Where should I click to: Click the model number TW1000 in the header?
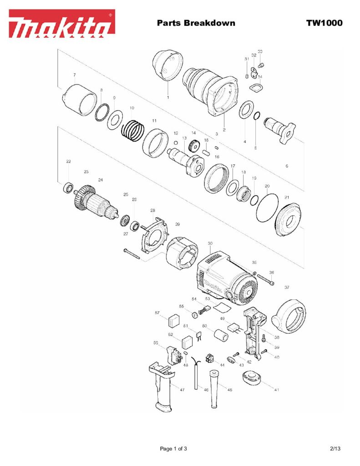324,23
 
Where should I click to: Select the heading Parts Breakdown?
196,23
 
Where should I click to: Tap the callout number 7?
74,74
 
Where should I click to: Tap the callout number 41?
277,390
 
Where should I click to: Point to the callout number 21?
287,197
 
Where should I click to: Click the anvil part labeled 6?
279,128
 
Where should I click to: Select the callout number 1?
168,97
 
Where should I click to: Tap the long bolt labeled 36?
266,279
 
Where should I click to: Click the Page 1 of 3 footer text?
173,449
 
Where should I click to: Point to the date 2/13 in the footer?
335,449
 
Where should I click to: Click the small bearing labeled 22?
69,187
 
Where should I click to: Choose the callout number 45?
230,390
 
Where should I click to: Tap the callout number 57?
157,313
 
